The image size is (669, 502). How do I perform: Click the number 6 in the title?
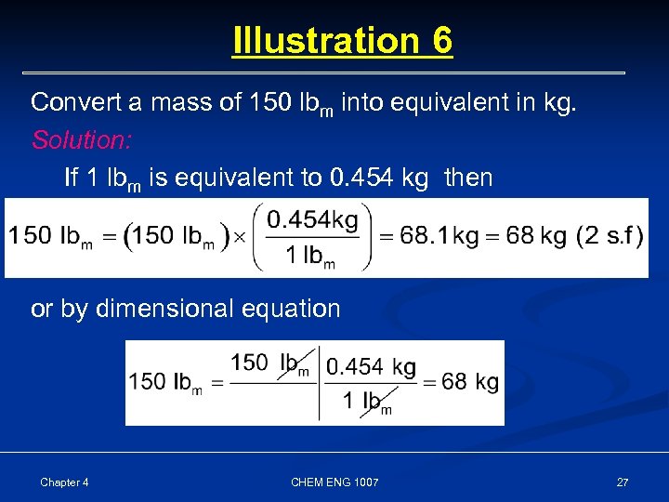pos(441,41)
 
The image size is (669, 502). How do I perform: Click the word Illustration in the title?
pos(325,41)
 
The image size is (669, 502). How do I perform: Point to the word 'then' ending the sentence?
pos(468,177)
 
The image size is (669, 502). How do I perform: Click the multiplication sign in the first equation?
pos(239,236)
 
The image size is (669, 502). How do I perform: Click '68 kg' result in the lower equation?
pos(470,382)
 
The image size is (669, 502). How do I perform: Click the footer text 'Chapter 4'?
pos(64,482)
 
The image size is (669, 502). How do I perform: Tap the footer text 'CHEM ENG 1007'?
pos(334,482)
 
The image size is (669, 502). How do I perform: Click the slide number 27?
pos(622,482)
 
